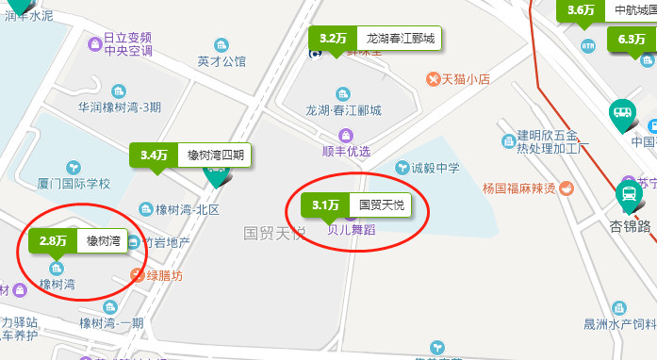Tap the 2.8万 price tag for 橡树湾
tap(77, 241)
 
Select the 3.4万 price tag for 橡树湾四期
tap(189, 155)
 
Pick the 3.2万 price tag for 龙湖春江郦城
tap(374, 40)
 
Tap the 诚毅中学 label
tap(435, 168)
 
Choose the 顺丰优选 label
tap(346, 151)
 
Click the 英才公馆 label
tap(222, 61)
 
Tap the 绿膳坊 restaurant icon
tap(137, 276)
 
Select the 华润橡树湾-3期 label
tap(120, 107)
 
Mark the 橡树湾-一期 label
tap(111, 323)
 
